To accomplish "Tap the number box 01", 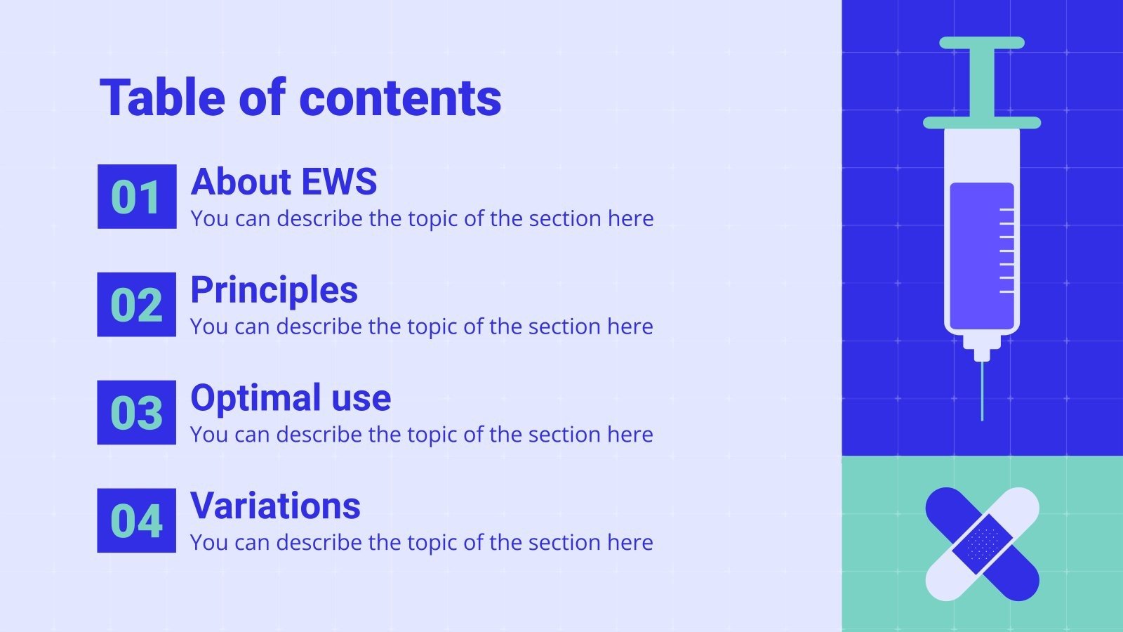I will coord(137,197).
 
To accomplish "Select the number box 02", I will coord(137,305).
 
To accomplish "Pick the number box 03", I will coord(137,413).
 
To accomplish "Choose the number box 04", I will coord(137,521).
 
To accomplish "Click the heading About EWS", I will coord(284,182).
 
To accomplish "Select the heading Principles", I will coord(274,290).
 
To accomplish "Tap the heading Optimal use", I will coord(291,398).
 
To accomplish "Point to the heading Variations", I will coord(275,506).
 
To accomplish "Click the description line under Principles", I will coord(421,327).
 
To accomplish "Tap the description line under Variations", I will coord(421,543).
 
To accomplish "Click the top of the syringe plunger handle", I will coord(982,43).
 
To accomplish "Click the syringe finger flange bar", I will coord(982,123).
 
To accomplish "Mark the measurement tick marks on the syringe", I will coord(1006,250).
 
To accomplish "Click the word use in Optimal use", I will coord(361,398).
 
